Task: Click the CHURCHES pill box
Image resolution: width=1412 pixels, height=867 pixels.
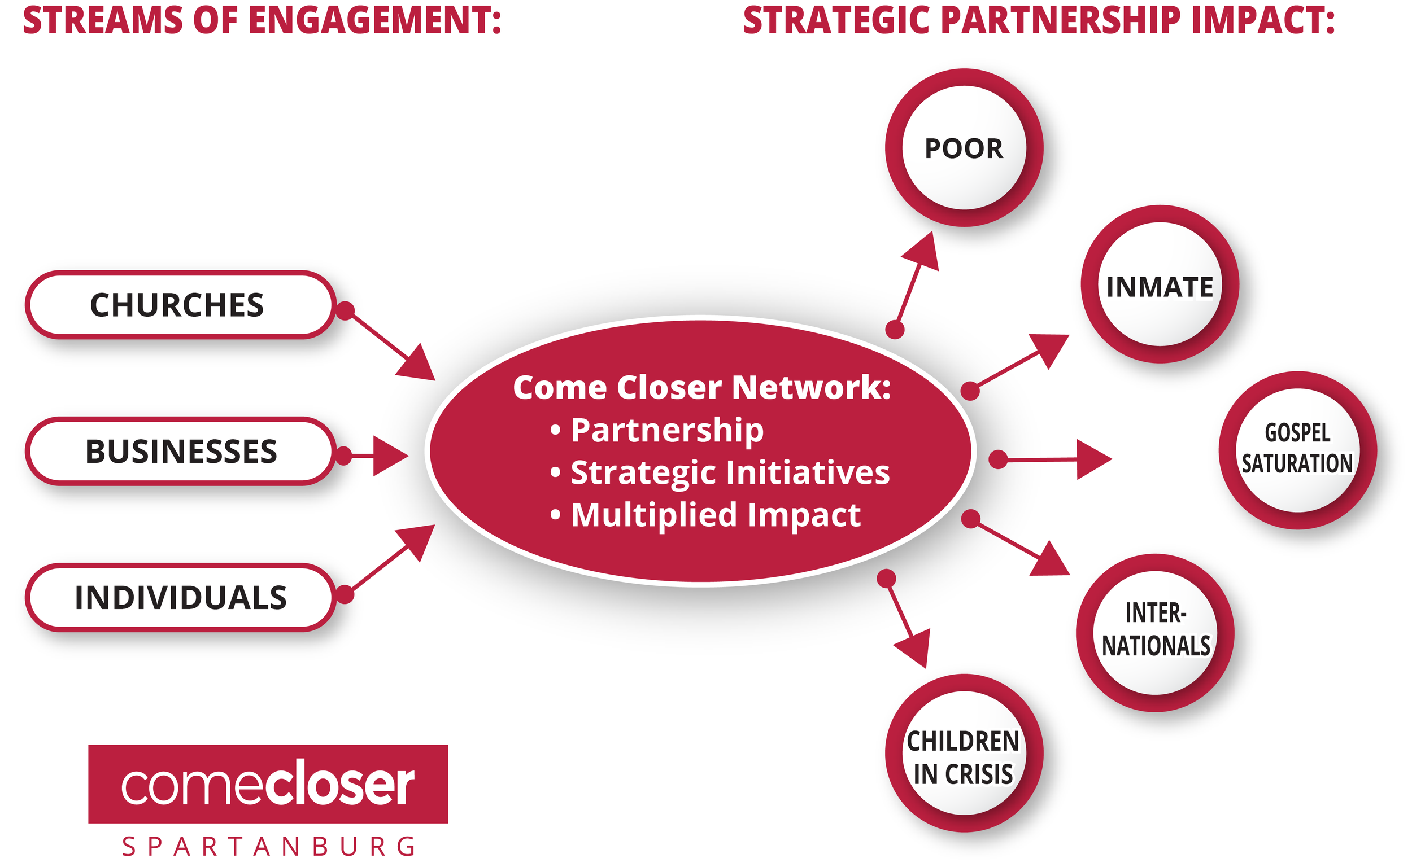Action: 180,305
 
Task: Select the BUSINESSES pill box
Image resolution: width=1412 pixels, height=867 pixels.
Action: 180,451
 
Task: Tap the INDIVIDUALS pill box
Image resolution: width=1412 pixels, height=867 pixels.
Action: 180,598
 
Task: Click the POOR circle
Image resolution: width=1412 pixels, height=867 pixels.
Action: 964,148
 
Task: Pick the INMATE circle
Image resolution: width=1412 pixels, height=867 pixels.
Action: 1159,285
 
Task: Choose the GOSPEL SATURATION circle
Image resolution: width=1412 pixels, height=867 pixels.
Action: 1297,450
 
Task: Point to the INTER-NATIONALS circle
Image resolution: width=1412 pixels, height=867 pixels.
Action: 1154,633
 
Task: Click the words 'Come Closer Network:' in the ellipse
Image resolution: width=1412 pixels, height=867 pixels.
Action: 701,388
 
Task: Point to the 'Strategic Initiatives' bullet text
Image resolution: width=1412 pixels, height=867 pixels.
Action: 730,473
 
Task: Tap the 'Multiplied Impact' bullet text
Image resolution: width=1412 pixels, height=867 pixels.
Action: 716,515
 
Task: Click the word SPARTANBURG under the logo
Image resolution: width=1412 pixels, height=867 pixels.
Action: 268,847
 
